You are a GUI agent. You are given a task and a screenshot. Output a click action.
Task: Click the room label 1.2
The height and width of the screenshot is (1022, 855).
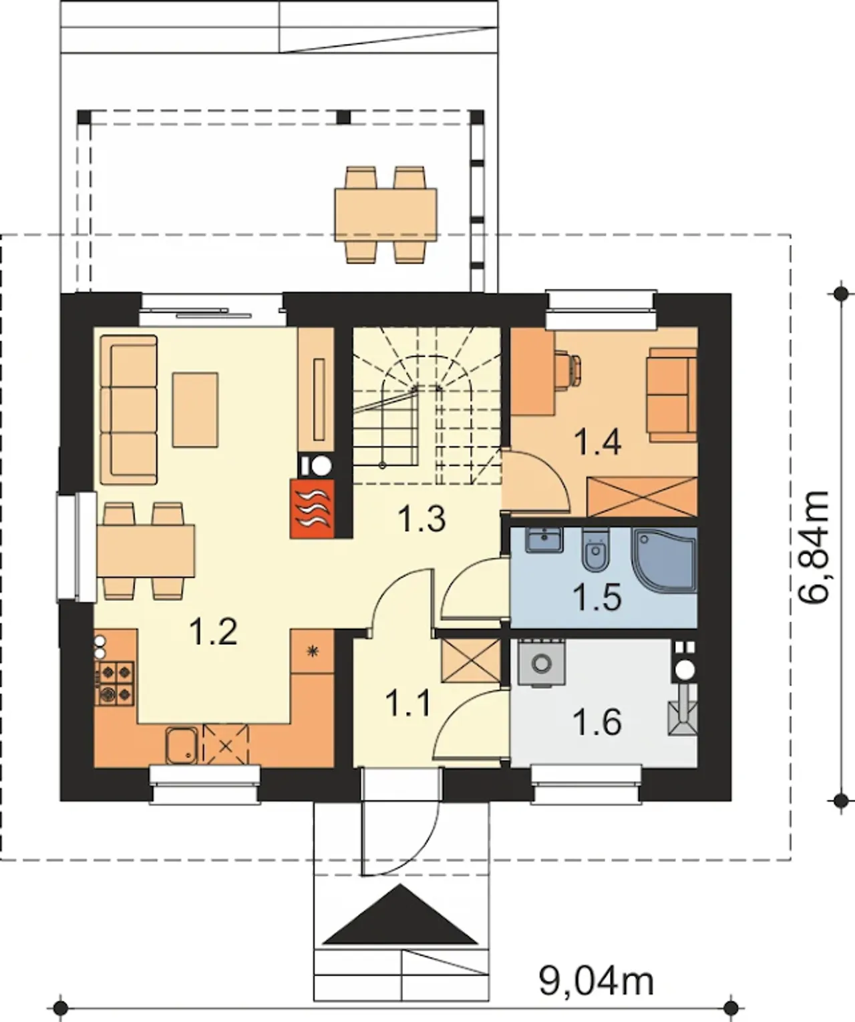click(214, 631)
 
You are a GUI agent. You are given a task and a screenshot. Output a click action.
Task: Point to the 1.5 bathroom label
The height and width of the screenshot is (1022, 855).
click(597, 597)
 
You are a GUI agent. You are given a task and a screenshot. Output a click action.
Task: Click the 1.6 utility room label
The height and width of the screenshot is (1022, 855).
click(597, 722)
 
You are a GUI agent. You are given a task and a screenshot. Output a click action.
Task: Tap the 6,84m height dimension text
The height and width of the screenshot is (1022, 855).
click(814, 547)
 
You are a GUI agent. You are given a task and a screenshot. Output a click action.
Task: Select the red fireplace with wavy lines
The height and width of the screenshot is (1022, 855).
click(312, 509)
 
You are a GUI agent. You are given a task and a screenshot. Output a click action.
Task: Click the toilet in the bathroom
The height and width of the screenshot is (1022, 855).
click(594, 550)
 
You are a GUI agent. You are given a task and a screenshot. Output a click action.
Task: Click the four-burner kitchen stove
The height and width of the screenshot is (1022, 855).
click(116, 684)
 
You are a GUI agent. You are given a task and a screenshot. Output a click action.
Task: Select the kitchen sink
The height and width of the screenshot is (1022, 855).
click(181, 746)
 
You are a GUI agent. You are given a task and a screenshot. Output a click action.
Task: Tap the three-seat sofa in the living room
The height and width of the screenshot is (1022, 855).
click(128, 410)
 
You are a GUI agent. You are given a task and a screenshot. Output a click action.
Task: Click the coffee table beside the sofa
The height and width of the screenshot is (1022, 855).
click(195, 410)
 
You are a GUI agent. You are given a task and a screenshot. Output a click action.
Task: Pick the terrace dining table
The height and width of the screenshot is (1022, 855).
click(385, 216)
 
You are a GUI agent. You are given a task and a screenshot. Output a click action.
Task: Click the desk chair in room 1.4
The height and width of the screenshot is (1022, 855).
click(568, 368)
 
